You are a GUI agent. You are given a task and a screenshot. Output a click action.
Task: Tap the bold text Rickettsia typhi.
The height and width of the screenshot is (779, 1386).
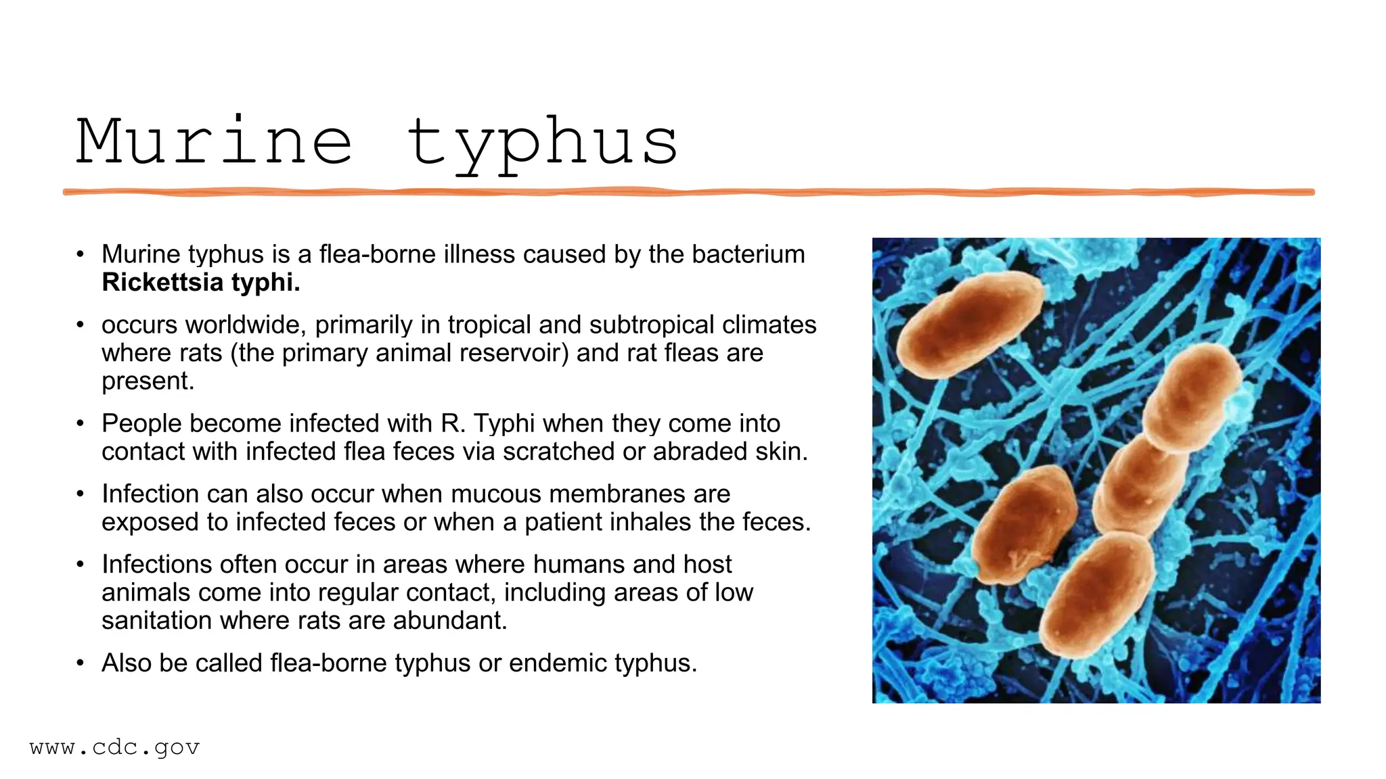tap(201, 283)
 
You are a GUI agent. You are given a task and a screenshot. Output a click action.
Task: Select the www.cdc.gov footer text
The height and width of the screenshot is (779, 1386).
tap(115, 748)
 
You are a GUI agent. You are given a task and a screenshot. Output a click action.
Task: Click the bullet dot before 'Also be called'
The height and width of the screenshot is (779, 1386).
tap(81, 663)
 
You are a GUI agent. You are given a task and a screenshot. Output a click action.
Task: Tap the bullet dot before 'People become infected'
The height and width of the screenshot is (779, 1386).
tap(81, 424)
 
